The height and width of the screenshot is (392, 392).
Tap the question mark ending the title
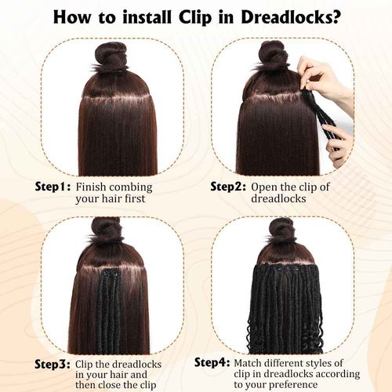pyautogui.click(x=337, y=16)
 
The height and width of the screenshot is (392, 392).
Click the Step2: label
pyautogui.click(x=228, y=187)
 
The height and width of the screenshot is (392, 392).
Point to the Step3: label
pyautogui.click(x=53, y=365)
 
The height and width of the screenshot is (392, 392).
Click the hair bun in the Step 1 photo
pyautogui.click(x=110, y=56)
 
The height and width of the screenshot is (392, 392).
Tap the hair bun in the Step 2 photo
pyautogui.click(x=274, y=53)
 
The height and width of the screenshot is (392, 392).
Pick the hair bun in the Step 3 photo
pyautogui.click(x=105, y=228)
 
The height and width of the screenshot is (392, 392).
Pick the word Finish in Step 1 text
pyautogui.click(x=93, y=187)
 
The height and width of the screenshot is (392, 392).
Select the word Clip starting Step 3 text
pyautogui.click(x=89, y=365)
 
